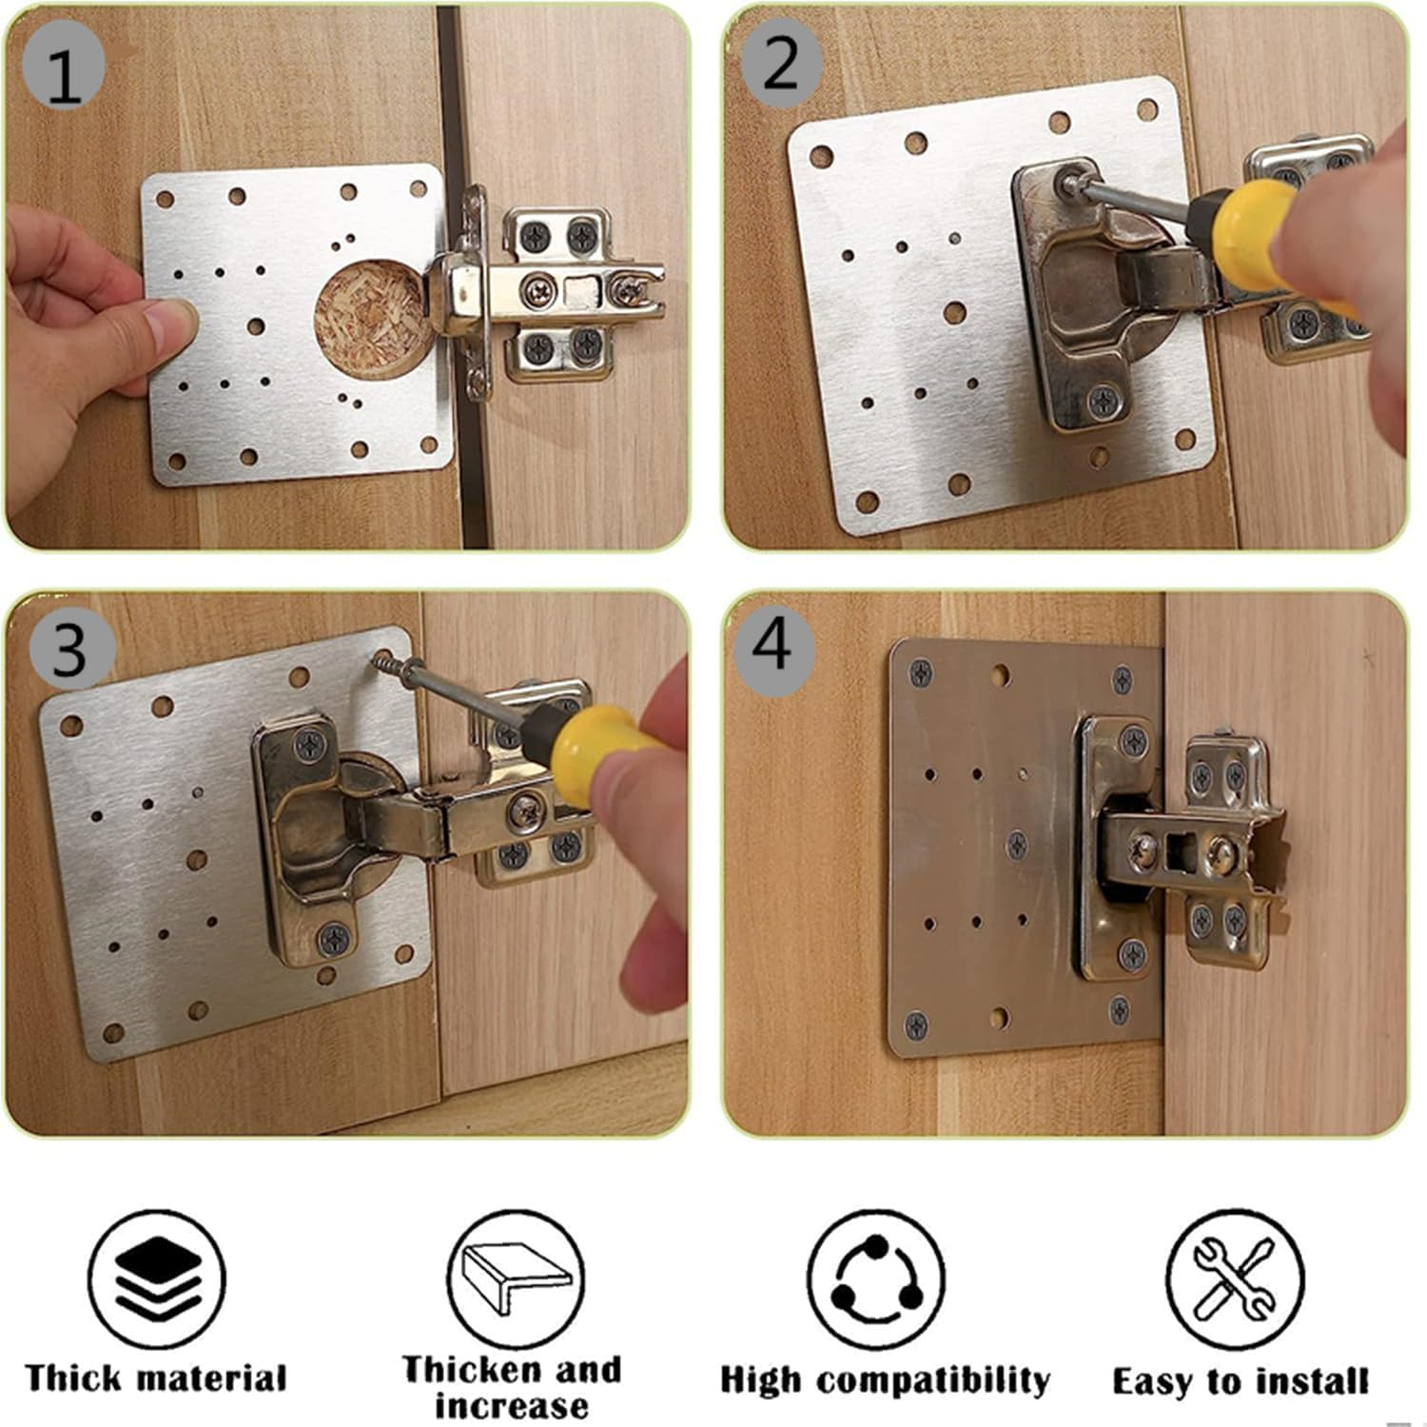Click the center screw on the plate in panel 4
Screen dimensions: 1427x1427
pyautogui.click(x=1017, y=842)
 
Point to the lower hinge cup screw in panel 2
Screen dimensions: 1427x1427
pyautogui.click(x=1104, y=401)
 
